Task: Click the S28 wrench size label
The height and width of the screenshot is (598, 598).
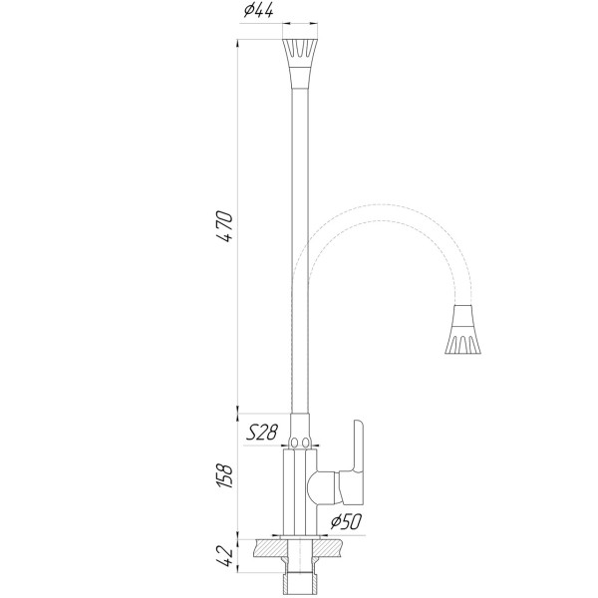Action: click(261, 432)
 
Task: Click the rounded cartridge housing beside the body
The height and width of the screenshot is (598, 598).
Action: click(323, 487)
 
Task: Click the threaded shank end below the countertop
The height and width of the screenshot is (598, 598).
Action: click(301, 578)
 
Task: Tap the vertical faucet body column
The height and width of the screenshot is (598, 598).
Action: click(300, 488)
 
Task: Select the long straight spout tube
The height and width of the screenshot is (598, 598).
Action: click(300, 249)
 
